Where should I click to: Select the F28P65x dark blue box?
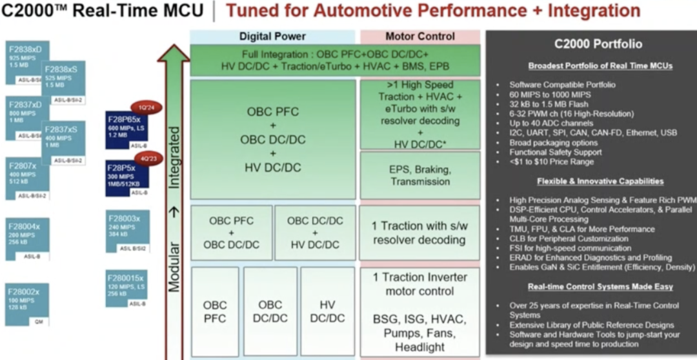[x=126, y=129]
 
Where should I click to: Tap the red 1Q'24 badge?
[x=144, y=107]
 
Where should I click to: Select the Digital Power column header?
[x=272, y=37]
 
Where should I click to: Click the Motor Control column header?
[x=419, y=37]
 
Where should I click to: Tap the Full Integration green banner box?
[x=335, y=61]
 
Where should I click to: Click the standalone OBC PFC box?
[x=215, y=312]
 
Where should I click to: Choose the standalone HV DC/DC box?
[x=327, y=312]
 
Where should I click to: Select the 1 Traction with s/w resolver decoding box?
[x=419, y=233]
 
